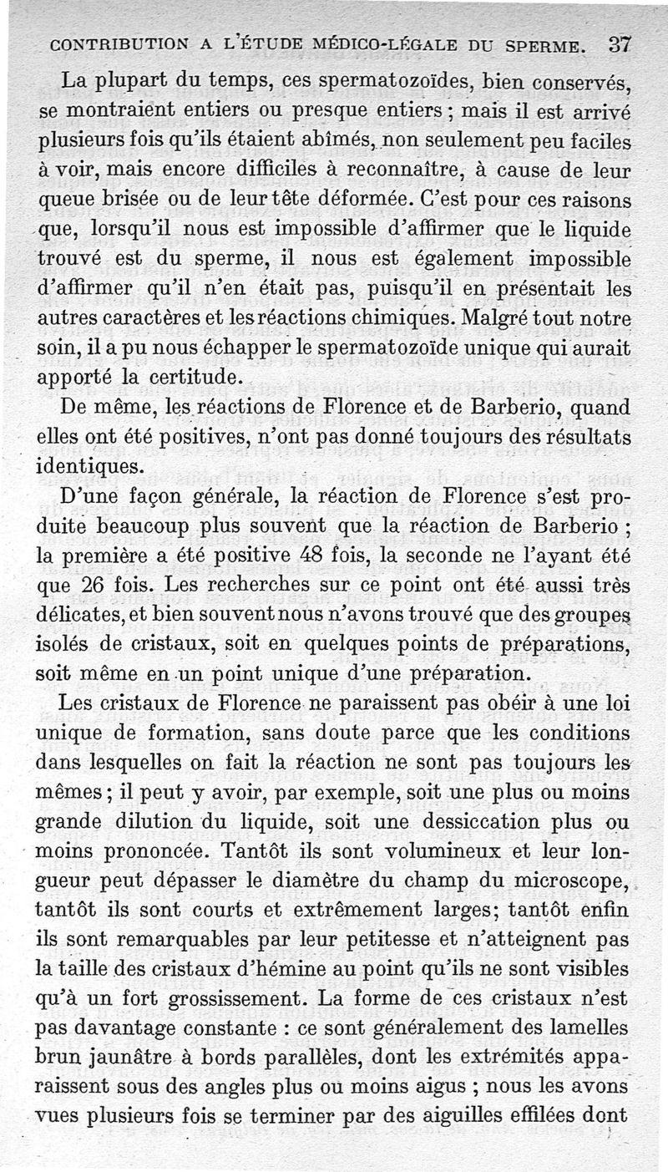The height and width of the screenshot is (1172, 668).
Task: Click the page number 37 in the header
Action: (620, 43)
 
